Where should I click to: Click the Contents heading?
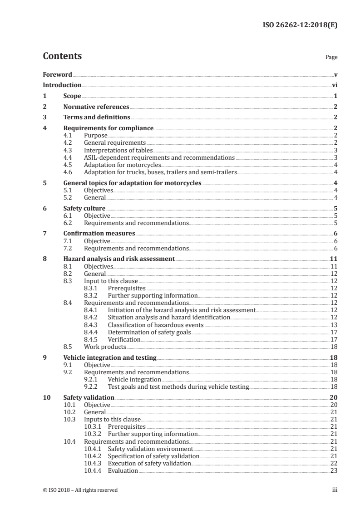tap(62, 56)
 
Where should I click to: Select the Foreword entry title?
tap(57, 74)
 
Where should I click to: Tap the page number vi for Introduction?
tap(334, 85)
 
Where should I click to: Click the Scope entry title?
tap(72, 96)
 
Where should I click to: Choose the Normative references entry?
tap(96, 107)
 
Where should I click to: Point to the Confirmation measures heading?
tap(99, 234)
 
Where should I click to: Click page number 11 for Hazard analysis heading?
tap(333, 259)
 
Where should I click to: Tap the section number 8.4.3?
tap(92, 325)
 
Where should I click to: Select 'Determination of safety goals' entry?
tap(149, 332)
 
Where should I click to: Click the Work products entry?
tap(99, 347)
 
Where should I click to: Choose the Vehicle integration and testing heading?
tap(110, 357)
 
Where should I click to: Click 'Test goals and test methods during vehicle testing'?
tap(178, 387)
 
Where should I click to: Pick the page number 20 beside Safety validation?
tap(333, 398)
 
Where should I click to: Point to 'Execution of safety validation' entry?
tap(149, 463)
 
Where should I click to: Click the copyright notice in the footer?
tap(80, 490)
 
